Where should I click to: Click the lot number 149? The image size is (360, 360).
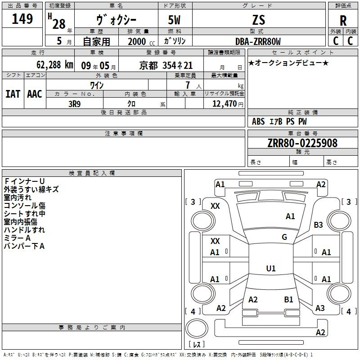[22, 19]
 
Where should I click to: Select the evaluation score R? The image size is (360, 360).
[343, 21]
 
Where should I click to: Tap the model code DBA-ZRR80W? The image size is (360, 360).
[258, 41]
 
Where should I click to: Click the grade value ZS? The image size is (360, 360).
[259, 20]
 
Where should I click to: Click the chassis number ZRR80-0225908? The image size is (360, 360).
[302, 143]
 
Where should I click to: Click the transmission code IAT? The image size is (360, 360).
[13, 94]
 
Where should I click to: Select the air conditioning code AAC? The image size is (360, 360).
[35, 94]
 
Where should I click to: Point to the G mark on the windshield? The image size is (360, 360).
[284, 237]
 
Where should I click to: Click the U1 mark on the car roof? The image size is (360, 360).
[270, 269]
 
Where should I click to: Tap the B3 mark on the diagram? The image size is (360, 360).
[319, 225]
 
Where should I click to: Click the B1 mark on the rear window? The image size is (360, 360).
[288, 299]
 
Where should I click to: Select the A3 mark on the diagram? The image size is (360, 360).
[320, 308]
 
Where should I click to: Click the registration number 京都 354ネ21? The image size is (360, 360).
[166, 65]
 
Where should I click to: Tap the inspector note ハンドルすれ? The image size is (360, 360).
[24, 230]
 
